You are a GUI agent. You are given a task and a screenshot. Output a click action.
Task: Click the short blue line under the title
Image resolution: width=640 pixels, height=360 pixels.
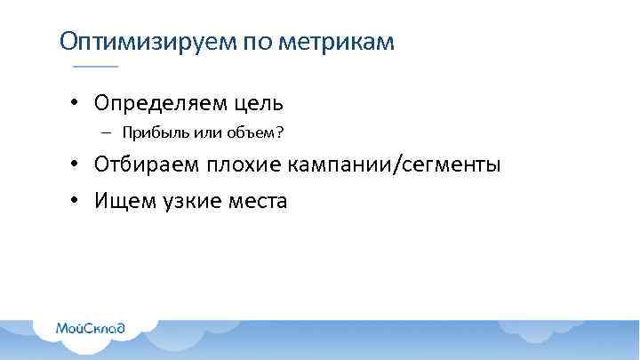[x=95, y=68]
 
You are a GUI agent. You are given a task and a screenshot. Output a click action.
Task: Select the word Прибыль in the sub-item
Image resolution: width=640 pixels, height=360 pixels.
[x=149, y=133]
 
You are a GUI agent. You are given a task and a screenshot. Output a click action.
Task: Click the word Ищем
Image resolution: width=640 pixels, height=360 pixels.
[x=123, y=201]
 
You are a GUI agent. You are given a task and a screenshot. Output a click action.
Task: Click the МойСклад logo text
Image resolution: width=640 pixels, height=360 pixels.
[x=91, y=327]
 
